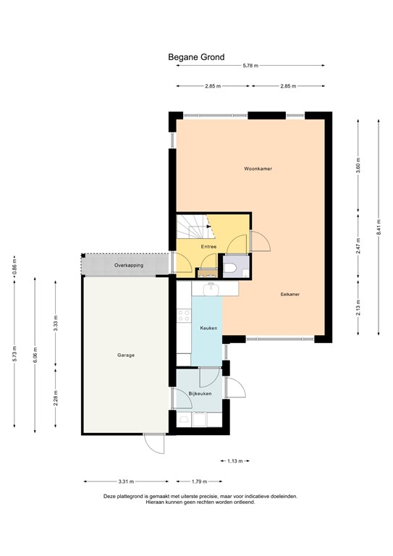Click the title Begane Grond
[x=196, y=56]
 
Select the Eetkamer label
[x=290, y=295]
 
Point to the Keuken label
[x=209, y=328]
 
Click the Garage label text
[x=127, y=355]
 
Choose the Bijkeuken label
[x=199, y=394]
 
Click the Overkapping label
[x=129, y=266]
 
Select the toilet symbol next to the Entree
[x=231, y=268]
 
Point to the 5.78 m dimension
[x=250, y=67]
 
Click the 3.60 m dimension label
[x=358, y=167]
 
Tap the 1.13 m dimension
[x=234, y=460]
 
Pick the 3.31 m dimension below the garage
[x=124, y=481]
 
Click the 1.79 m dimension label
[x=200, y=481]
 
